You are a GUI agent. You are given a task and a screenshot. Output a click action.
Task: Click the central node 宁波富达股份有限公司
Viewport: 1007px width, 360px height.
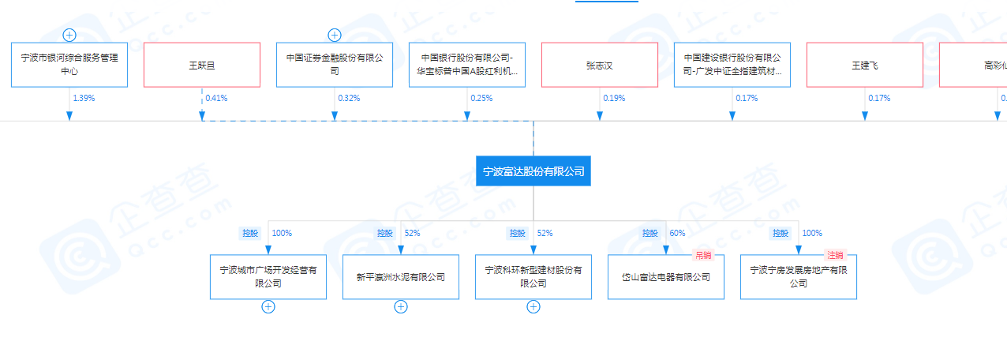(x=533, y=171)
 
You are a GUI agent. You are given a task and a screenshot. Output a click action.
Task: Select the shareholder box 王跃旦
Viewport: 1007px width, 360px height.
(x=201, y=65)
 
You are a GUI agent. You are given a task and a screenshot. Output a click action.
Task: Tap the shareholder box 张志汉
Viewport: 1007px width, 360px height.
(x=599, y=65)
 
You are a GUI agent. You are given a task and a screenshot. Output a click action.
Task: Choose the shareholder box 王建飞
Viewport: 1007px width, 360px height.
(x=864, y=65)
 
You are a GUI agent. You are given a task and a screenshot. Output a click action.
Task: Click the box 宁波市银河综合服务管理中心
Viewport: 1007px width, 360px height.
(x=69, y=65)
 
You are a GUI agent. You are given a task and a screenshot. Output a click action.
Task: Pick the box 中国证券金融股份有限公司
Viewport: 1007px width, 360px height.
(x=334, y=65)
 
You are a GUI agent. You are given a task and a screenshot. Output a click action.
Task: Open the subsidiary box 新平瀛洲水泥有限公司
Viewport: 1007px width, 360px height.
(x=401, y=277)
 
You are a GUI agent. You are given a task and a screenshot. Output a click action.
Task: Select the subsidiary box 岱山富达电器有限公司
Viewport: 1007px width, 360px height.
(x=665, y=277)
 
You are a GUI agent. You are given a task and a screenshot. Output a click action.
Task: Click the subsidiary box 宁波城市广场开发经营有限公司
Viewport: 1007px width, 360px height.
(x=268, y=277)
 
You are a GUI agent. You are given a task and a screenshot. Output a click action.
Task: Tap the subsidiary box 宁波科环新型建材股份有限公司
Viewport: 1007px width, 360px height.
(x=533, y=277)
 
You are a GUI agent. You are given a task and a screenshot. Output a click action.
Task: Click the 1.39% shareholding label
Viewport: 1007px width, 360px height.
(x=83, y=99)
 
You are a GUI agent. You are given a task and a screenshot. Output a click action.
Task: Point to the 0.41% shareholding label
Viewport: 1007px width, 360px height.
(x=215, y=99)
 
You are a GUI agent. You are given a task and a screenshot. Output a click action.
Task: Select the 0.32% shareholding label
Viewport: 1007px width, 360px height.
(x=348, y=99)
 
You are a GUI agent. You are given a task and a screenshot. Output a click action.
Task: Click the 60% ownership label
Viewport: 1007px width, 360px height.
(x=677, y=234)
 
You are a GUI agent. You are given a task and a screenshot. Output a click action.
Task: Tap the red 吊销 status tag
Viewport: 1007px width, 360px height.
(x=702, y=255)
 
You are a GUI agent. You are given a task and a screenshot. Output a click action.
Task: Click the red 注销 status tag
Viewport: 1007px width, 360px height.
(x=835, y=255)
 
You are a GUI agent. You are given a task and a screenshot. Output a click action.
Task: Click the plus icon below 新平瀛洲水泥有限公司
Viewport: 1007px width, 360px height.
(x=401, y=307)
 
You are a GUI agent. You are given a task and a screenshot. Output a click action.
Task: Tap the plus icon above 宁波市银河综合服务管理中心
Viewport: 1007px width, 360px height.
(x=69, y=35)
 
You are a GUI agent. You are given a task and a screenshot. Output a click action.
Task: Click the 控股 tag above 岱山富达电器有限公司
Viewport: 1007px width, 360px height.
(x=650, y=234)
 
